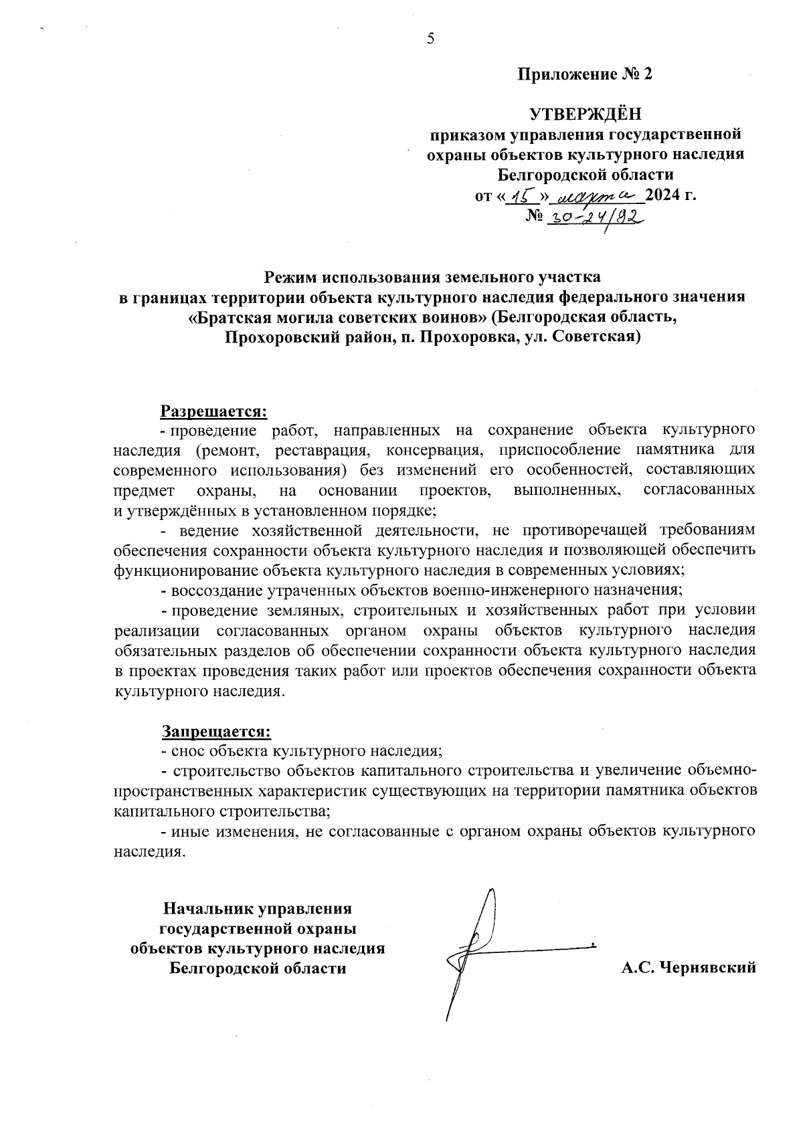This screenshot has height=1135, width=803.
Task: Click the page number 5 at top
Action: click(431, 39)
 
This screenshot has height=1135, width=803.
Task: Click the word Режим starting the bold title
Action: click(289, 276)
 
